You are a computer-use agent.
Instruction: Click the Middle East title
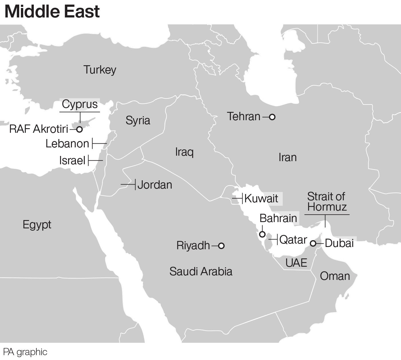coord(52,11)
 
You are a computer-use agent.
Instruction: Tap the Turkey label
coord(100,70)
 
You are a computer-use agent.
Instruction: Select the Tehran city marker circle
coord(272,117)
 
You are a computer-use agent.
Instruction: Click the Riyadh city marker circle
coord(221,246)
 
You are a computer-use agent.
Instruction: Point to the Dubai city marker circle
coord(313,244)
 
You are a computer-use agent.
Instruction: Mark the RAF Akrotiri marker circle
coord(80,129)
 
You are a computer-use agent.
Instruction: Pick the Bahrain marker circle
coord(262,234)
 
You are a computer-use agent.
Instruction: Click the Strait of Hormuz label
coord(327,202)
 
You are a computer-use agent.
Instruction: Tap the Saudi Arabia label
coord(201,271)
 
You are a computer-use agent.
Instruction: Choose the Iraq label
coord(184,152)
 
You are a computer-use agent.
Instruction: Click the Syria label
coord(138,120)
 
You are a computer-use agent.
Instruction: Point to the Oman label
coord(335,276)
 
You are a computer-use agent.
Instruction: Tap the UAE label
coord(296,263)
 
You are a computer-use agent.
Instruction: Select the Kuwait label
coord(261,198)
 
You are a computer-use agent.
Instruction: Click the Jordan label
coord(155,185)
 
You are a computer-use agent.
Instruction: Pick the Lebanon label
coord(67,144)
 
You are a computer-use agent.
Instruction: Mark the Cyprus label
coord(80,104)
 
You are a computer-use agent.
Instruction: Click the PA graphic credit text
coord(25,352)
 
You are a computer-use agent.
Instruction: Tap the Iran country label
coord(288,157)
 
